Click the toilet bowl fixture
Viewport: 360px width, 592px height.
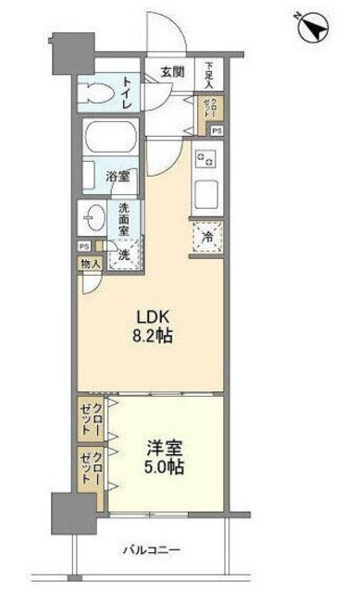[96, 92]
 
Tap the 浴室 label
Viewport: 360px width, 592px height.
[117, 176]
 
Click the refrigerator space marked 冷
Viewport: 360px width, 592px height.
[207, 238]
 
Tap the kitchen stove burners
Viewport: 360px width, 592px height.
[205, 160]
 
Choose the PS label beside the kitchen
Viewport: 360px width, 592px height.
[217, 131]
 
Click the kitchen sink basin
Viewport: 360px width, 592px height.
[205, 196]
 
